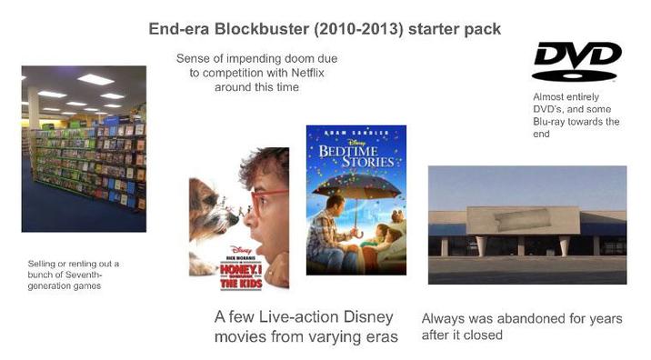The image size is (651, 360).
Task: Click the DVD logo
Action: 576,61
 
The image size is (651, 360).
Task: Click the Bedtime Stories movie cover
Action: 356,200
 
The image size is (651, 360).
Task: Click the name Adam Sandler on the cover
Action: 356,132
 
